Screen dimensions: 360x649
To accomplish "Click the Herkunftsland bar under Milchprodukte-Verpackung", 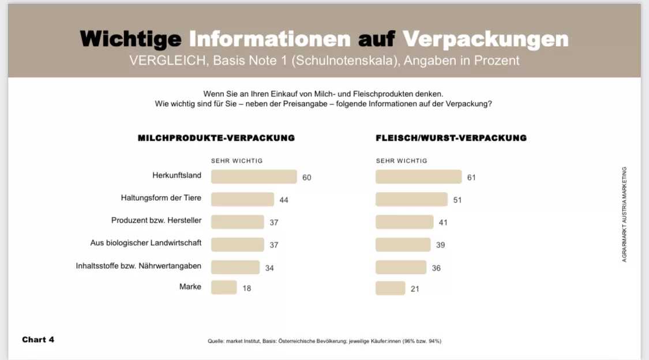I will [254, 177].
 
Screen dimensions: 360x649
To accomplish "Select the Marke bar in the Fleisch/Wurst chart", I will [391, 288].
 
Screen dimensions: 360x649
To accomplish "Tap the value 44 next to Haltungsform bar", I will [284, 200].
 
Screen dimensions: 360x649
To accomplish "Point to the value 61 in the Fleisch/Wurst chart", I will [471, 177].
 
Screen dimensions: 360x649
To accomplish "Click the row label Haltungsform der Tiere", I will [161, 198].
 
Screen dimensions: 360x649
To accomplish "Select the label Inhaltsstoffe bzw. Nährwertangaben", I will [138, 266].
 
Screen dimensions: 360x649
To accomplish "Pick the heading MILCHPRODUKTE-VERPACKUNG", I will [216, 138].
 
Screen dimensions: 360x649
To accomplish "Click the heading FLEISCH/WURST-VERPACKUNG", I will [451, 138].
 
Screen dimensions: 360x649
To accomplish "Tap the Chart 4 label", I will [38, 339].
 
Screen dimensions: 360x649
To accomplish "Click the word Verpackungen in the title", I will [485, 39].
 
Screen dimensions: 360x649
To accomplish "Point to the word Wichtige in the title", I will [131, 39].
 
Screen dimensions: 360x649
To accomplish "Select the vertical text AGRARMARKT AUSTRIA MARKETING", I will [624, 215].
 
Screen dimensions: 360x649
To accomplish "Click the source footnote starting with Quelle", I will [324, 341].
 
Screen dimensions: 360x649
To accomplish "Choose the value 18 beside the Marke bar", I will [247, 288].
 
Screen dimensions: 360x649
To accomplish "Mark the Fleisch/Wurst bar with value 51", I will [411, 200].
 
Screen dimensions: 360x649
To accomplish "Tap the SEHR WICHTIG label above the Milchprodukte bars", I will [237, 161].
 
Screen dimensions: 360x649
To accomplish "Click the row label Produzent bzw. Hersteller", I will [156, 220].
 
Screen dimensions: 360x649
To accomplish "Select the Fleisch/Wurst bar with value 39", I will [403, 245].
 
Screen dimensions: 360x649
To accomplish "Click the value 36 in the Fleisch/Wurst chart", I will [436, 268].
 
